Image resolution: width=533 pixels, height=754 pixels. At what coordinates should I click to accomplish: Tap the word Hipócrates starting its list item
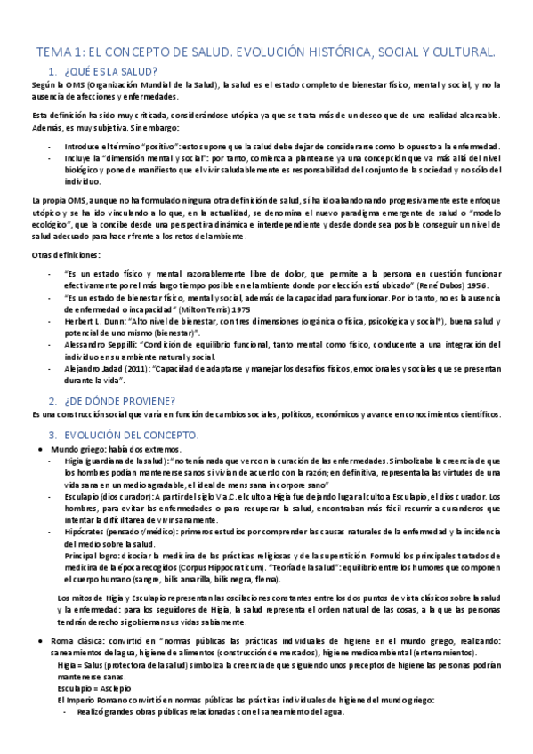85,530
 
